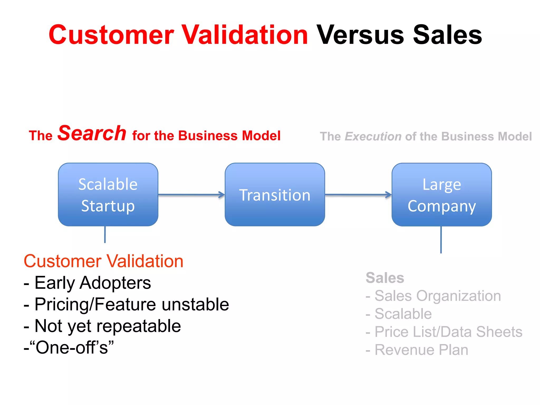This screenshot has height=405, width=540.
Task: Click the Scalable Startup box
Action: tap(108, 195)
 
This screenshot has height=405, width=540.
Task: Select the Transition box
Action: tap(275, 195)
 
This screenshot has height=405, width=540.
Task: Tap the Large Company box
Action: tap(442, 195)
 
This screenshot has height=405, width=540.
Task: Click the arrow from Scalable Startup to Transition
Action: tap(191, 195)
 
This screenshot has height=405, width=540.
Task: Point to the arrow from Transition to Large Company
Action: tap(358, 195)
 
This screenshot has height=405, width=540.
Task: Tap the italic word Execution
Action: tap(373, 137)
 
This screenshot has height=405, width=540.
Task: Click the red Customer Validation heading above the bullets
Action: tap(103, 261)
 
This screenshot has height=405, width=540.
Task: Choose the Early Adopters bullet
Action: tap(88, 283)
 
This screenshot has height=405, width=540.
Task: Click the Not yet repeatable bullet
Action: tap(102, 326)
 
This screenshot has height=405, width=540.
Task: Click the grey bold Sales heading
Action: tap(385, 278)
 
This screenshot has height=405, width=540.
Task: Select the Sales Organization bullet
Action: tap(433, 296)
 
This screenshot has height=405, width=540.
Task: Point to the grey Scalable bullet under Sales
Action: tap(399, 314)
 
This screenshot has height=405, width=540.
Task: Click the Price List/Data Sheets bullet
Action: tap(444, 332)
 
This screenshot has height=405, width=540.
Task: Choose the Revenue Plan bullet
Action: tap(417, 350)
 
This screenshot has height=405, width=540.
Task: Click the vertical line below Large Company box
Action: tap(441, 240)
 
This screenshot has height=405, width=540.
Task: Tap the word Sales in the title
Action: tap(447, 35)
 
